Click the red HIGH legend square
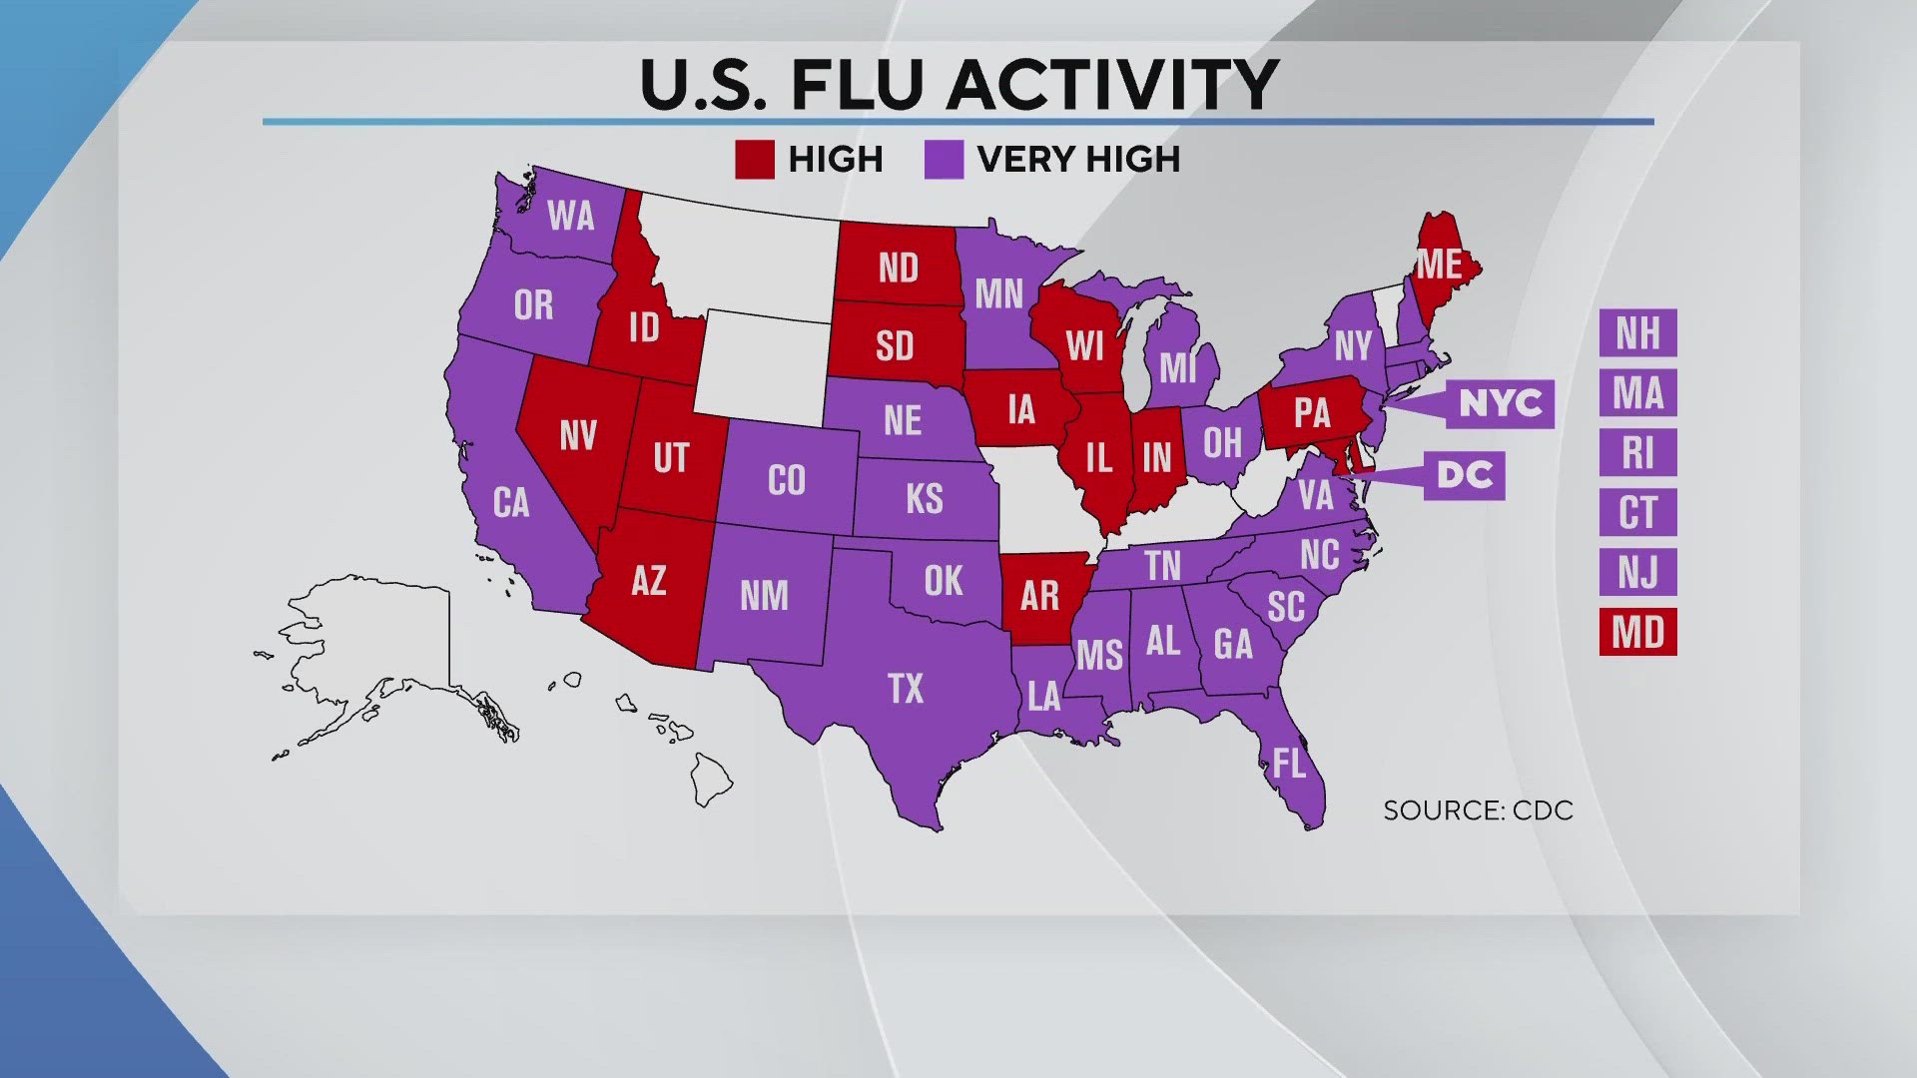click(x=754, y=160)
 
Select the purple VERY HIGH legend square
click(x=944, y=160)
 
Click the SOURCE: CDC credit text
click(x=1478, y=810)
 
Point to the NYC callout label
click(x=1500, y=403)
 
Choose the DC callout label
click(x=1464, y=475)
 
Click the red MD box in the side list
click(x=1637, y=632)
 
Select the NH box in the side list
click(x=1637, y=332)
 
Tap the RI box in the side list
click(x=1637, y=452)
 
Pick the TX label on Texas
click(x=906, y=689)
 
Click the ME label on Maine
click(x=1439, y=265)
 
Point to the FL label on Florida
click(x=1289, y=764)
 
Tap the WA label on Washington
click(x=571, y=216)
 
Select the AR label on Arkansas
click(x=1039, y=596)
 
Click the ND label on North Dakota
click(x=898, y=268)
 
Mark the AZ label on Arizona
click(x=649, y=580)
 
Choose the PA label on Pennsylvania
click(x=1312, y=413)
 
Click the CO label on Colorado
click(x=787, y=481)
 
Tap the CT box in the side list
click(x=1637, y=512)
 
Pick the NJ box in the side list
click(x=1637, y=572)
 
